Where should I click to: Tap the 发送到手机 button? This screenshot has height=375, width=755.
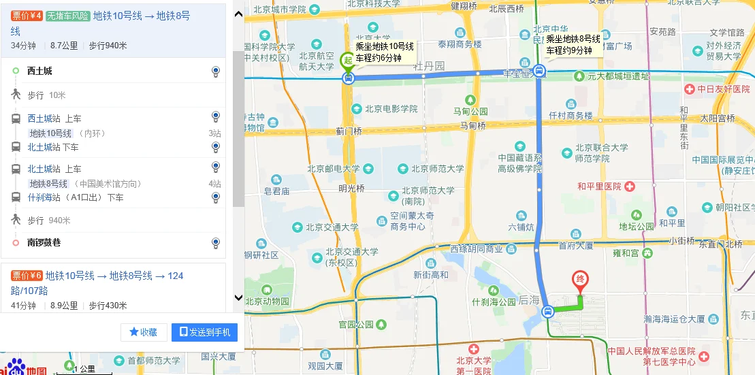(x=204, y=332)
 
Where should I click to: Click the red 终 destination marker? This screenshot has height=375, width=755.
(x=580, y=280)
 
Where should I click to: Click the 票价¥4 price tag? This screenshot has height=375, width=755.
(x=27, y=16)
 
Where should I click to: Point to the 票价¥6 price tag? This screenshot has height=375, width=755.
(x=27, y=276)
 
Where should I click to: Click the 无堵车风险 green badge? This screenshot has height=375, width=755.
(x=68, y=16)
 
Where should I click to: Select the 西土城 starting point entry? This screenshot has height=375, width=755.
(x=39, y=71)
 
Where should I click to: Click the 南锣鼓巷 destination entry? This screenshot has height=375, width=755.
(x=44, y=242)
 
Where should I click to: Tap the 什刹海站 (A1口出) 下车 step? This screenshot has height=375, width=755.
(x=75, y=198)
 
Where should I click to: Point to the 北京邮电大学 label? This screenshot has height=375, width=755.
(x=334, y=169)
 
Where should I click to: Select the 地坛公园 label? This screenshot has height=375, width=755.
(x=637, y=226)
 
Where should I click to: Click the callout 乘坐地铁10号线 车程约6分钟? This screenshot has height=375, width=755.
(x=385, y=52)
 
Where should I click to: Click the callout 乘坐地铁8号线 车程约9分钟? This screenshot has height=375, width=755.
(x=573, y=44)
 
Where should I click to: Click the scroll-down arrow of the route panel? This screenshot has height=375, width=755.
(x=238, y=297)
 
